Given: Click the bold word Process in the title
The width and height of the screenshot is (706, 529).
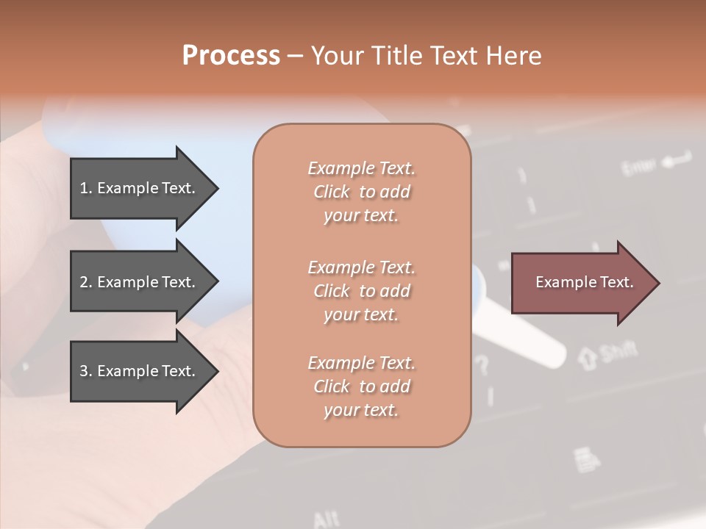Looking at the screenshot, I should pos(231,56).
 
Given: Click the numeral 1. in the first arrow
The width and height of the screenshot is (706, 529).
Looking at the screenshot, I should pos(86,188).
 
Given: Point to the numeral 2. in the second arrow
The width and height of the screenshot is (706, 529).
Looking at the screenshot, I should pos(86,282).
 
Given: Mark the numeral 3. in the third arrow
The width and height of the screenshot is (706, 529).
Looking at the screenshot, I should pos(86,371).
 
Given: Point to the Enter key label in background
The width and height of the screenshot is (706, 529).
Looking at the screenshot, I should pos(638,165).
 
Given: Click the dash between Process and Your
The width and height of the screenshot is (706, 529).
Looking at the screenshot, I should pos(296,56).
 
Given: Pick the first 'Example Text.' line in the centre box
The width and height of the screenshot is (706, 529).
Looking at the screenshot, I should pos(361,168).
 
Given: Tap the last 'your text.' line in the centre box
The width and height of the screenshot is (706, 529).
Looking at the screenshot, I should pos(361,410).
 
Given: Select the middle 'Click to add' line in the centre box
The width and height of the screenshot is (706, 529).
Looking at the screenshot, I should pos(361,291).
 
